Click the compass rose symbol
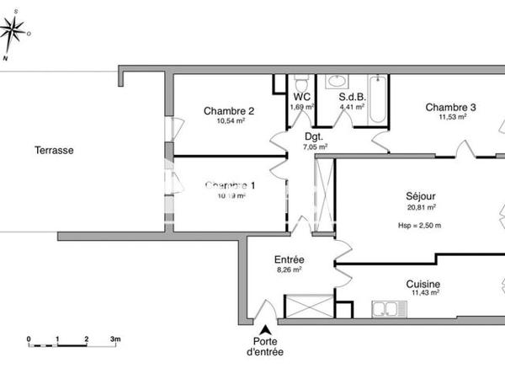pyautogui.click(x=12, y=35)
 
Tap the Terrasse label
pyautogui.click(x=54, y=151)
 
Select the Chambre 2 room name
pyautogui.click(x=229, y=110)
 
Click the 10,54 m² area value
pyautogui.click(x=229, y=121)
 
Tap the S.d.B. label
pyautogui.click(x=352, y=97)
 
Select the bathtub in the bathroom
pyautogui.click(x=379, y=100)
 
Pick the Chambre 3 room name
pyautogui.click(x=451, y=107)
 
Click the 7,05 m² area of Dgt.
pyautogui.click(x=315, y=146)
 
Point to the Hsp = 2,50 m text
pyautogui.click(x=419, y=226)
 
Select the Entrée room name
pyautogui.click(x=289, y=259)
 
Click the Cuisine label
pyautogui.click(x=423, y=285)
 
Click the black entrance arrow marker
pyautogui.click(x=266, y=331)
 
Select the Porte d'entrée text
pyautogui.click(x=265, y=346)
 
